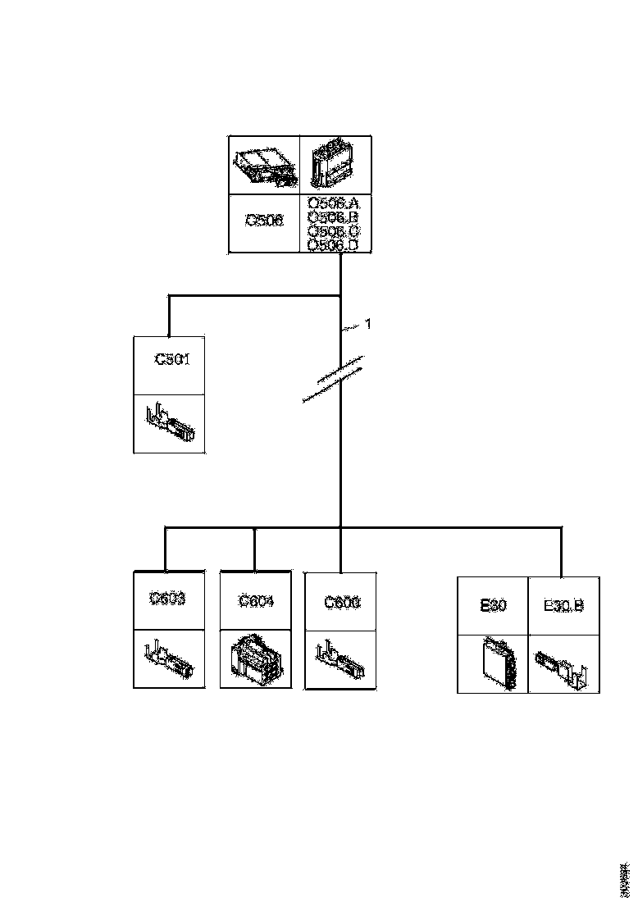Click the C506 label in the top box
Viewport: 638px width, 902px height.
(x=265, y=221)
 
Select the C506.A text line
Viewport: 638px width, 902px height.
(x=338, y=203)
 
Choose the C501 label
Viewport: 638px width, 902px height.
(x=172, y=359)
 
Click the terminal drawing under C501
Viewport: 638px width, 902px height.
(x=170, y=422)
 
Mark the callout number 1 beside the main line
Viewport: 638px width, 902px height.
(x=368, y=324)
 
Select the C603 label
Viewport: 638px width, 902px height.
(x=168, y=599)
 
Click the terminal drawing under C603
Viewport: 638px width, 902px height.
(x=168, y=659)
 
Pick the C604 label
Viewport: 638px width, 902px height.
(x=256, y=601)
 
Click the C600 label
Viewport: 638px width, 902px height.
(x=341, y=603)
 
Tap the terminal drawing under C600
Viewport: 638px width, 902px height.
(x=340, y=659)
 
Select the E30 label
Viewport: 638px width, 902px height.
(x=492, y=606)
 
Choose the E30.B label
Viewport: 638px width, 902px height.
(x=563, y=606)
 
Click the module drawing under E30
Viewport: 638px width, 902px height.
(x=499, y=663)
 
